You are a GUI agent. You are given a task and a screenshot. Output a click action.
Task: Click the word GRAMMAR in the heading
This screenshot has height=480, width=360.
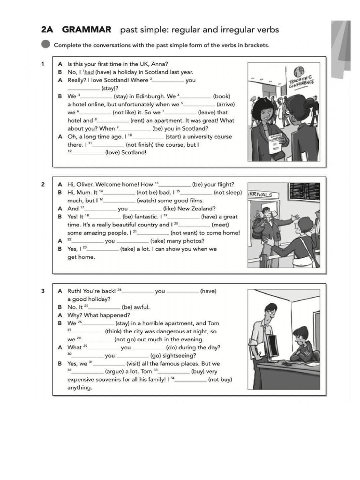(x=87, y=30)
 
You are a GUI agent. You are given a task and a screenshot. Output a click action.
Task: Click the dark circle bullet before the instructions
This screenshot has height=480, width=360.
(x=45, y=45)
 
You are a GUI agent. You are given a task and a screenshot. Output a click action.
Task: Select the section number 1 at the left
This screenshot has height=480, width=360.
(x=42, y=64)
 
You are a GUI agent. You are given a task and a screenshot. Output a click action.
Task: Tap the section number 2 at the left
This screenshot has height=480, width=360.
(x=42, y=184)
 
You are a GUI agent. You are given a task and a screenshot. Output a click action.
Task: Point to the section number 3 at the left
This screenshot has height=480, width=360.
(x=42, y=291)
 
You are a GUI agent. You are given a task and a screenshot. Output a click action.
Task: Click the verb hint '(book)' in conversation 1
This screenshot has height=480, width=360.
(x=221, y=96)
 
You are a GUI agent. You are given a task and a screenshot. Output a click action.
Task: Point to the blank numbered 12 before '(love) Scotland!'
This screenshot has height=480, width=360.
(x=88, y=153)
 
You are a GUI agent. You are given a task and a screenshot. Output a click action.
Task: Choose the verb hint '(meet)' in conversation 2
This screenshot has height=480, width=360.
(x=220, y=225)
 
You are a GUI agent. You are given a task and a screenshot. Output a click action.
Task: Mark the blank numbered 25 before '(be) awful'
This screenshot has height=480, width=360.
(x=104, y=307)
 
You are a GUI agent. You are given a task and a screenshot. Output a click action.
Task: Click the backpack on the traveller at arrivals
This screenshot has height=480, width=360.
(x=257, y=228)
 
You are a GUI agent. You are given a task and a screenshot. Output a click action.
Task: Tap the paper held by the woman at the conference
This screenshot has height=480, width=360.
(x=274, y=140)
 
